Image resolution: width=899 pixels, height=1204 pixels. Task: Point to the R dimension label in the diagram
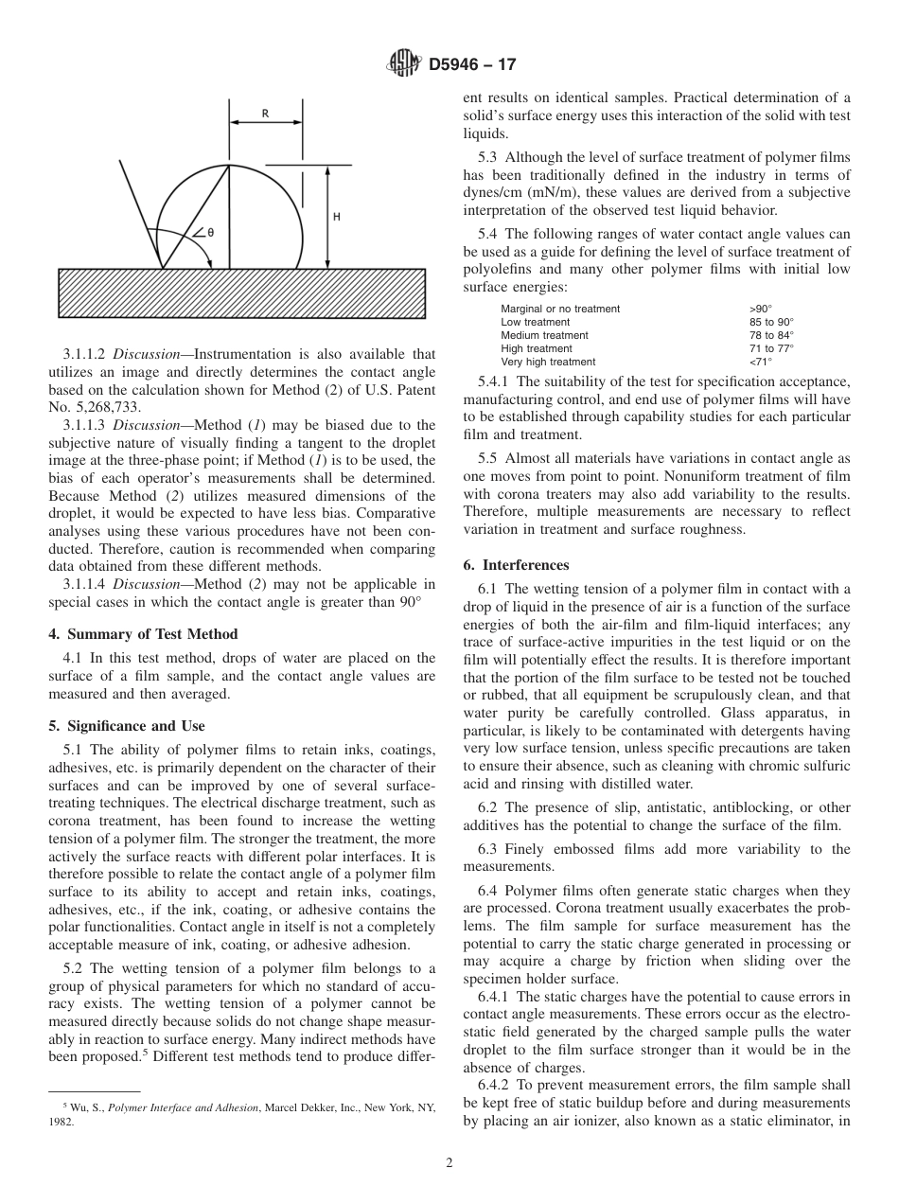coord(265,114)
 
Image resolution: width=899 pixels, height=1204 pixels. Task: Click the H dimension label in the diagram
coord(337,217)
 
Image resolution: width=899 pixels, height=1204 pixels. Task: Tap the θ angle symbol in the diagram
coord(209,232)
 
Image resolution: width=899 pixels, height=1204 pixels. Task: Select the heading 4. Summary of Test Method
coord(143,634)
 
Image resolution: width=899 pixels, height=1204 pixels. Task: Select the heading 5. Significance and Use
coord(127,726)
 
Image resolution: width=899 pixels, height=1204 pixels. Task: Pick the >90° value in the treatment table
coord(760,309)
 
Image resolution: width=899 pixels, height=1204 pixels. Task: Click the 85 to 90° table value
coord(770,322)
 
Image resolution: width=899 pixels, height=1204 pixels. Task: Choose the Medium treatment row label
coord(544,335)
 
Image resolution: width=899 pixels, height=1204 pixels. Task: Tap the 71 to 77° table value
coord(770,348)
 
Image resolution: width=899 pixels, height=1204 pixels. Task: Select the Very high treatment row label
coord(548,362)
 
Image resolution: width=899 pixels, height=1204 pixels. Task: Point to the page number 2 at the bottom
coord(449,1163)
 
